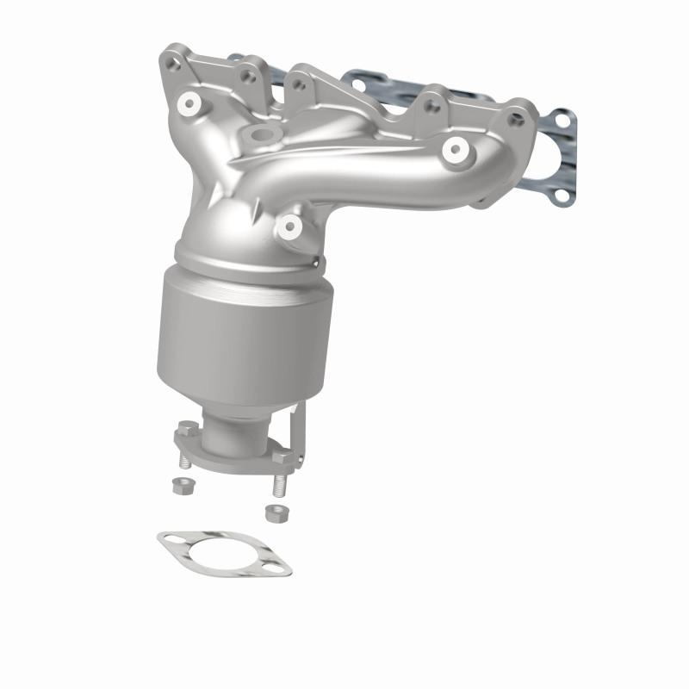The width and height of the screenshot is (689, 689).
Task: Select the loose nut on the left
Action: coord(182,484)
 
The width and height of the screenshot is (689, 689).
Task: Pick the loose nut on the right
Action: coord(275,513)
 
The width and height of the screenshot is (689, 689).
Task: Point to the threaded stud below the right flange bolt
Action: coord(278,484)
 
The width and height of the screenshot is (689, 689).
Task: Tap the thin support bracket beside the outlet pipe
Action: coord(300,431)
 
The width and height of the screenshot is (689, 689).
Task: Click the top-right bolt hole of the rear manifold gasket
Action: coord(562,126)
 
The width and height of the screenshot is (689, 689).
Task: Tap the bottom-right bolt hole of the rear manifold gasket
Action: coord(562,196)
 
